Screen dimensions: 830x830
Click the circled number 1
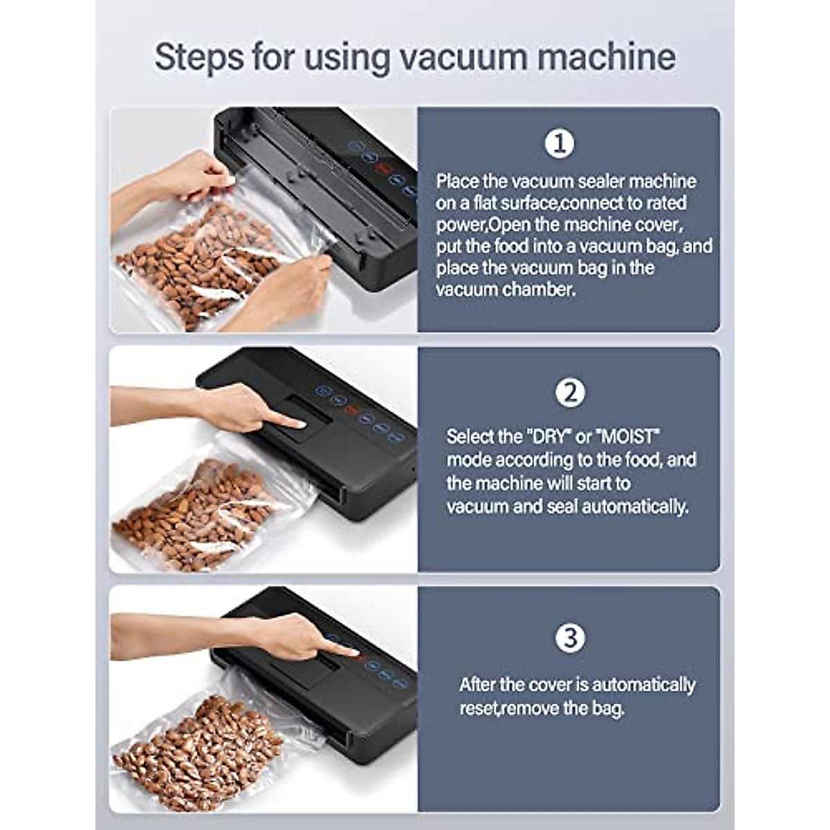[x=560, y=144]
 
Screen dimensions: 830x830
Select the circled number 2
[x=570, y=393]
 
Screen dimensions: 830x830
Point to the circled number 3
[x=570, y=638]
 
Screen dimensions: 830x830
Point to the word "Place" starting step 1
[x=457, y=181]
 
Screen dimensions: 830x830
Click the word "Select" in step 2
[x=471, y=437]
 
